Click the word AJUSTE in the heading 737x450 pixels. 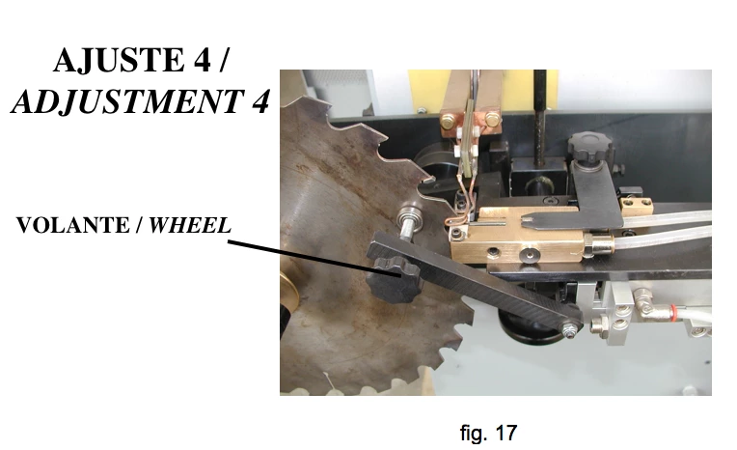coord(119,60)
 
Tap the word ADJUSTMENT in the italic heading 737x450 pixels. coord(127,100)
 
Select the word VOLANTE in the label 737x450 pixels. coord(72,225)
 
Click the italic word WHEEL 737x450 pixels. coord(190,225)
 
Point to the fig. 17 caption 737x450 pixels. coord(488,433)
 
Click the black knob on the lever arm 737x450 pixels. coord(394,281)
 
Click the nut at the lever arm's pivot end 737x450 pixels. coord(570,330)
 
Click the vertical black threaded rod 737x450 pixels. coord(539,117)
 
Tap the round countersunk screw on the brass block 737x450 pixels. coord(532,255)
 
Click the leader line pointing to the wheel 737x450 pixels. coord(314,258)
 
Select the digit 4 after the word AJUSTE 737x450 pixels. coord(202,60)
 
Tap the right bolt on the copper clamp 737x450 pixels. coord(491,118)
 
